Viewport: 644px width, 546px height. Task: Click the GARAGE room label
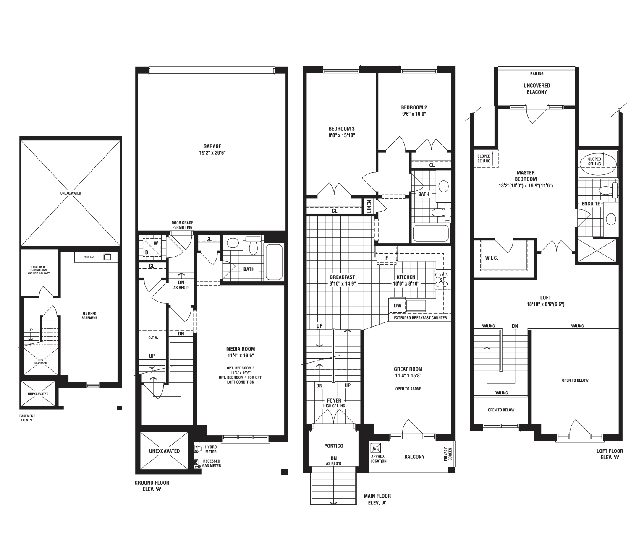212,146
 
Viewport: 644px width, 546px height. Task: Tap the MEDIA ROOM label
241,349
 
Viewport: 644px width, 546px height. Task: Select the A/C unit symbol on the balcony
375,448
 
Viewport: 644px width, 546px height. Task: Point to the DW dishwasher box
397,305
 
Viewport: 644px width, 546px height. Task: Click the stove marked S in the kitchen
442,280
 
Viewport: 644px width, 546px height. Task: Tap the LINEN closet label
369,206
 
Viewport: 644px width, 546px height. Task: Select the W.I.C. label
492,258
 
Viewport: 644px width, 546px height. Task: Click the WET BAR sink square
107,257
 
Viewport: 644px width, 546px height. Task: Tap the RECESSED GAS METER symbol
196,464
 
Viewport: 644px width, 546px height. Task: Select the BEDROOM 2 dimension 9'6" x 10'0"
414,114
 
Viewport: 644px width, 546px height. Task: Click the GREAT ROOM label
408,369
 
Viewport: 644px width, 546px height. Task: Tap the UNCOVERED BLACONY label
537,89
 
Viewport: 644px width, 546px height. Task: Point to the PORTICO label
334,446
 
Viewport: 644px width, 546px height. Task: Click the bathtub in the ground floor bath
274,262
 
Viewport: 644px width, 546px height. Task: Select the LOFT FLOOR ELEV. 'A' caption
610,454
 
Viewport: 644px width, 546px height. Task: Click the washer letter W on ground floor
156,243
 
